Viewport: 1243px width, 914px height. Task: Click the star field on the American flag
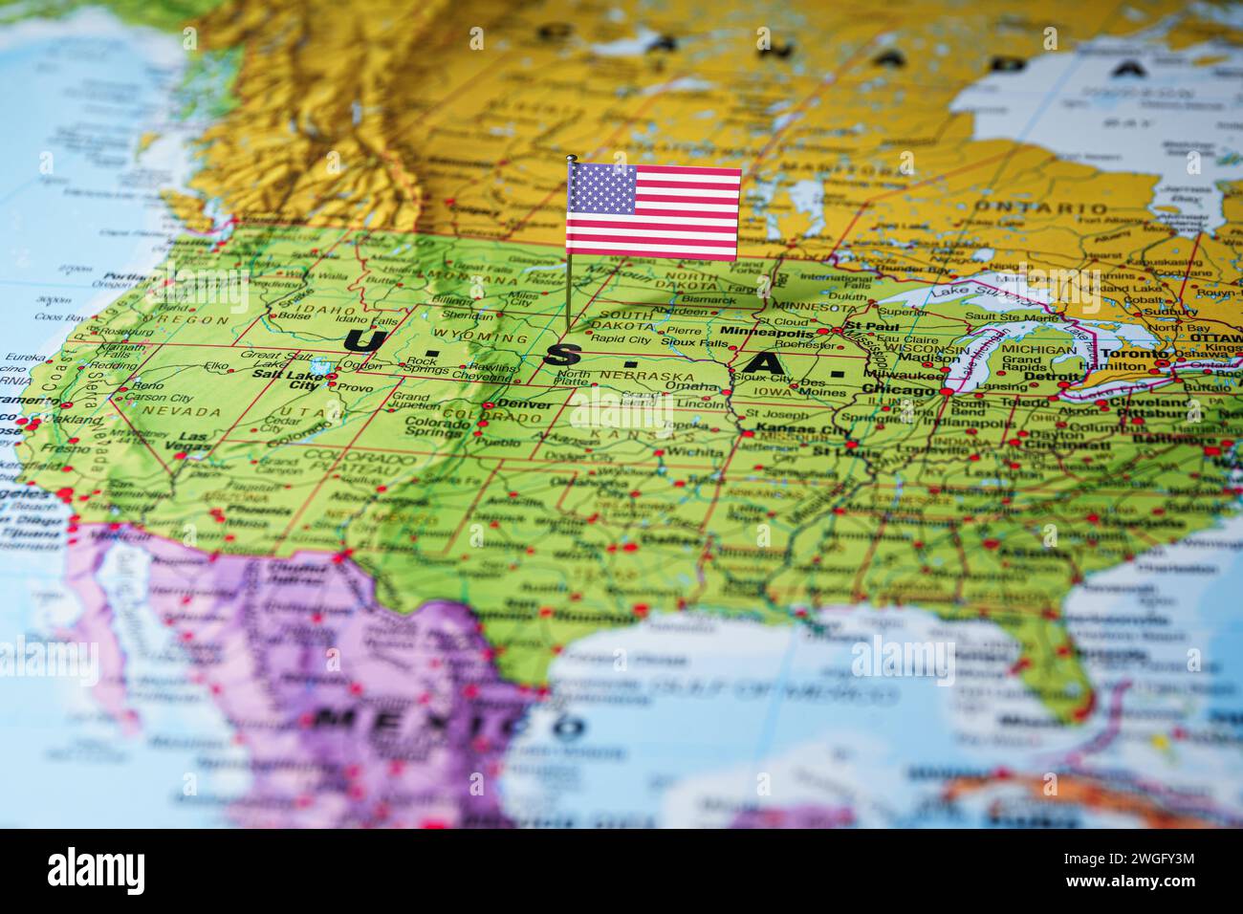[602, 188]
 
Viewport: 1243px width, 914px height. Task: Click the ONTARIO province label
[1039, 207]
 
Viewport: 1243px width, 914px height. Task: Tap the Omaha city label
[697, 386]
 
